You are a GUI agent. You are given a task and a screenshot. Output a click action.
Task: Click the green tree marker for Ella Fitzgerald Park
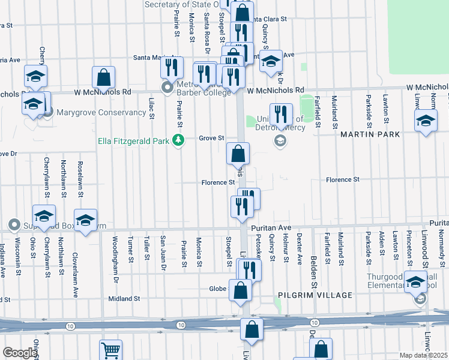[x=178, y=140]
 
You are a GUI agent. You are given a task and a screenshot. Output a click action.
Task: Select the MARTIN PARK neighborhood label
[x=370, y=135]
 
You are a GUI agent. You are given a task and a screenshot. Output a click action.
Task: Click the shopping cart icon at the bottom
[x=110, y=350]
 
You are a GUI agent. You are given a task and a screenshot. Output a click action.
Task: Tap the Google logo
[x=19, y=353]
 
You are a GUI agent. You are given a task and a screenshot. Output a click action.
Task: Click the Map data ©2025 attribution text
[x=423, y=355]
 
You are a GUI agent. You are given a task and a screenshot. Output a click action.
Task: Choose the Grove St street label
[x=211, y=138]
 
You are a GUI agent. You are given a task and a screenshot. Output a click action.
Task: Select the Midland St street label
[x=124, y=298]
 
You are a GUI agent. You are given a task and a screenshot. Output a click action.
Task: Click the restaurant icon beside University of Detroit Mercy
[x=281, y=113]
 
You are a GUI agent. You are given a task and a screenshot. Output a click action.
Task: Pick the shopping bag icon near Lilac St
[x=104, y=76]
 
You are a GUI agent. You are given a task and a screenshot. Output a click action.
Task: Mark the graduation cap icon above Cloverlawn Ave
[x=85, y=220]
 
